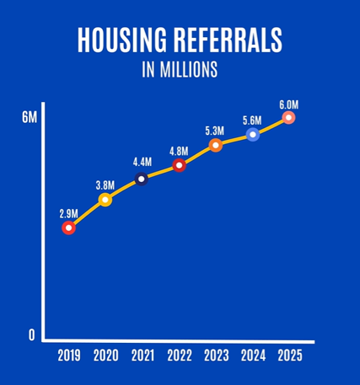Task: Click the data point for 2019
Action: (x=69, y=227)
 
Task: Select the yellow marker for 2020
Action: (x=105, y=200)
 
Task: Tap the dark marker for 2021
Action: (x=142, y=179)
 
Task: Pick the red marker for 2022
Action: (x=179, y=165)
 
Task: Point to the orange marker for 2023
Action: (x=215, y=145)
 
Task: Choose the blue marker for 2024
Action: (x=252, y=134)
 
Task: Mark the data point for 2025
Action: (x=288, y=117)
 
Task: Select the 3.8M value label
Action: (x=105, y=183)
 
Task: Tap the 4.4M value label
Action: (x=142, y=163)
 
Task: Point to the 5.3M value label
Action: (x=215, y=130)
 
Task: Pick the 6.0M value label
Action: (x=288, y=103)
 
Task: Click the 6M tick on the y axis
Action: (x=30, y=117)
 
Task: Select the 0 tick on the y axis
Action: (x=32, y=334)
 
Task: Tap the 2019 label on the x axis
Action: (x=69, y=356)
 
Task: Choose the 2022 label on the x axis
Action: (x=179, y=356)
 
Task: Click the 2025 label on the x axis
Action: (x=288, y=356)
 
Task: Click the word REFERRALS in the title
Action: (x=229, y=40)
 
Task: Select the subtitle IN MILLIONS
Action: (x=180, y=70)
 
